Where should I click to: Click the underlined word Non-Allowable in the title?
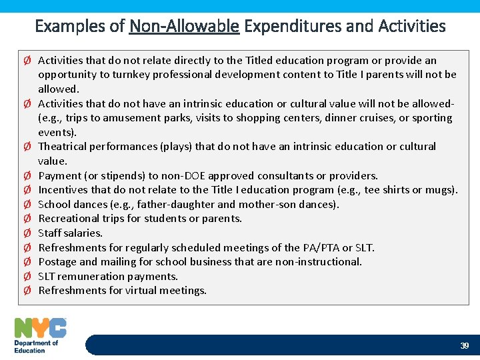tap(184, 26)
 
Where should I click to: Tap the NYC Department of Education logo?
tap(41, 335)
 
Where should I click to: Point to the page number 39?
tap(465, 345)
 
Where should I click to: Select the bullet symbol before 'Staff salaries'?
tap(27, 233)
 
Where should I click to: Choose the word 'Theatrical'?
tap(63, 146)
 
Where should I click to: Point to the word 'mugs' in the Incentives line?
tap(442, 190)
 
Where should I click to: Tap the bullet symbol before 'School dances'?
tap(27, 204)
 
